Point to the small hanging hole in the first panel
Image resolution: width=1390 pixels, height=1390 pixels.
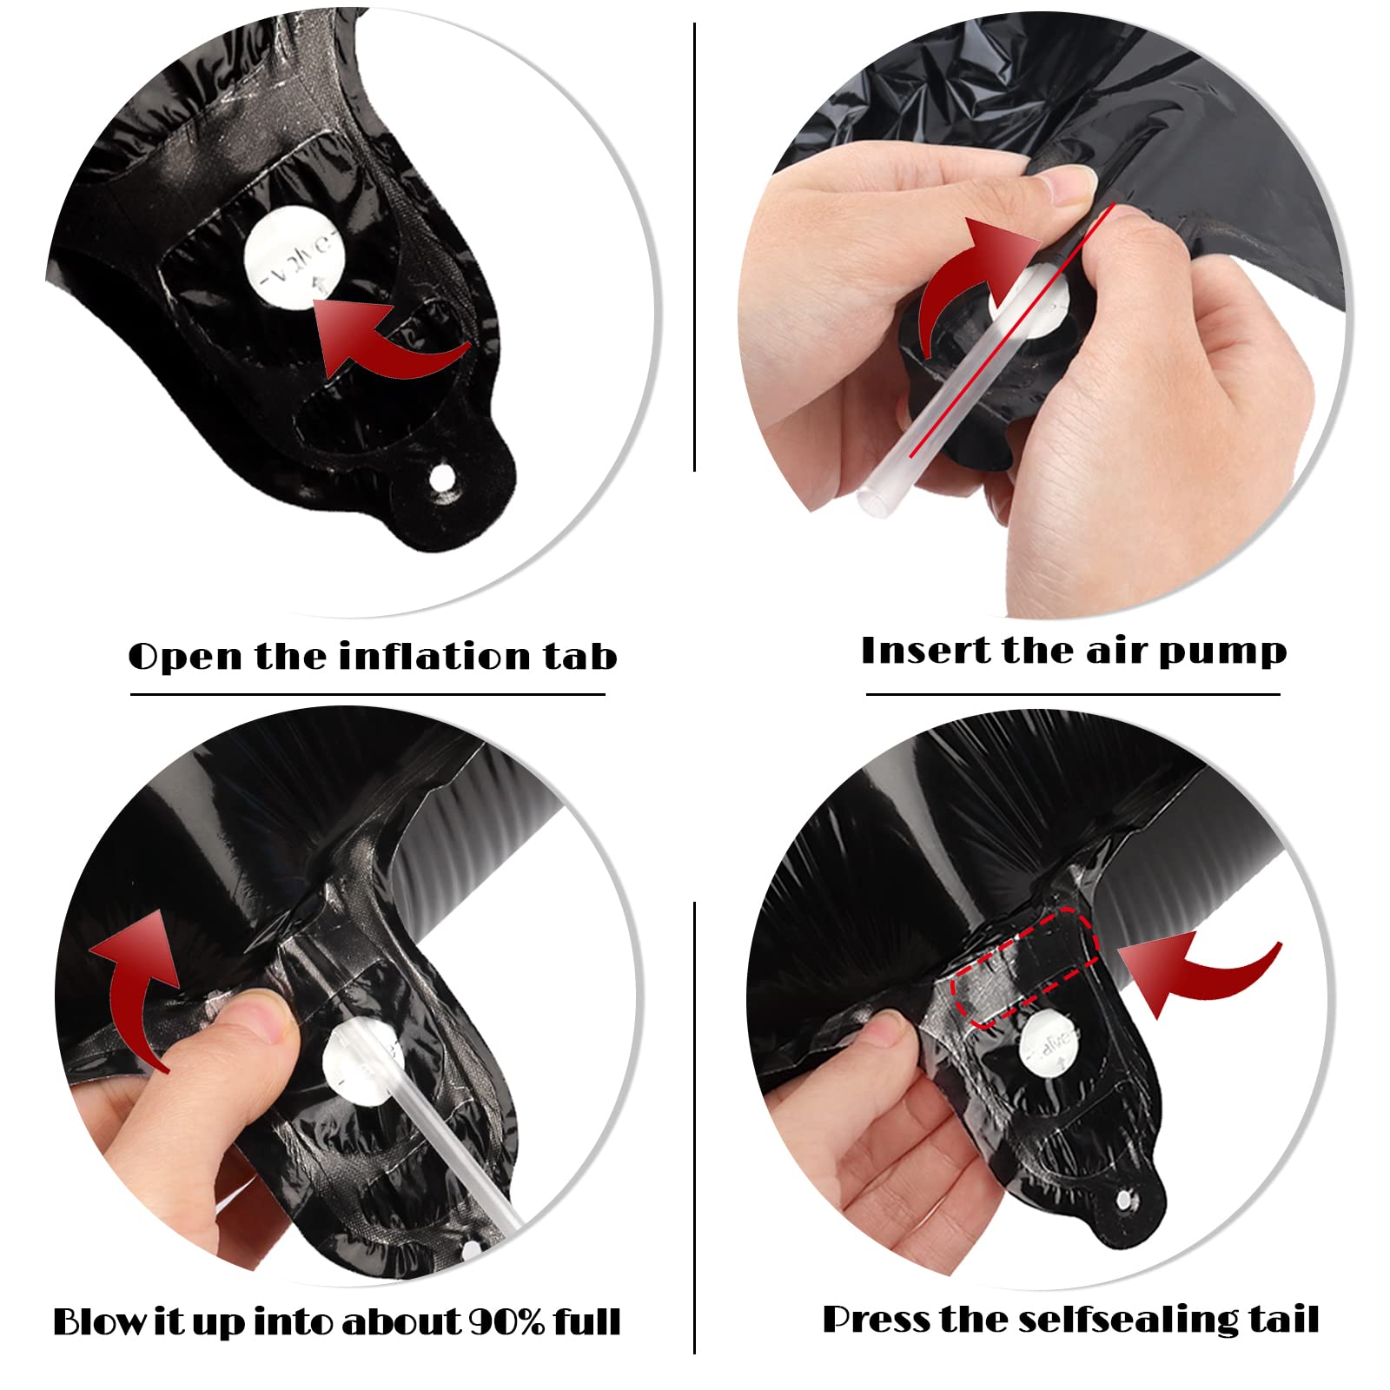(x=443, y=476)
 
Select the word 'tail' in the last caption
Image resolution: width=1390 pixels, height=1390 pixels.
(x=1284, y=1320)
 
